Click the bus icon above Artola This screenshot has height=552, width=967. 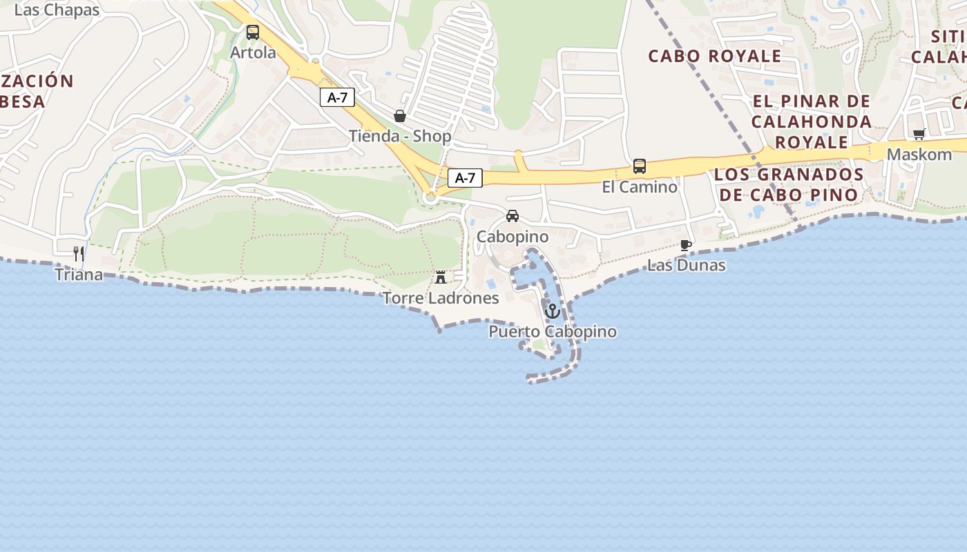click(253, 32)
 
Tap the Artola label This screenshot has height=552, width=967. click(253, 52)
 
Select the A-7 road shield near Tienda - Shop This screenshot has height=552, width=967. click(337, 98)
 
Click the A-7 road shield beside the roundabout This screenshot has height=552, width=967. click(465, 178)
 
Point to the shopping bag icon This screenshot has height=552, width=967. click(399, 115)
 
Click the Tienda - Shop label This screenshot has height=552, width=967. click(400, 136)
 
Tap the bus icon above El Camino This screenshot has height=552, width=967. click(640, 166)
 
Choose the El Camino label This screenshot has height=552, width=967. click(640, 187)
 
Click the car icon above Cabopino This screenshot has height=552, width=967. click(513, 216)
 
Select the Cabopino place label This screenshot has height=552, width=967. click(513, 237)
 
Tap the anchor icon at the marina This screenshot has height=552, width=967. click(552, 311)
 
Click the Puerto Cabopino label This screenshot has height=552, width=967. click(553, 332)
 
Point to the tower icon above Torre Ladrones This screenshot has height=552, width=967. click(441, 277)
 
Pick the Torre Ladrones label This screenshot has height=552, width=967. click(441, 298)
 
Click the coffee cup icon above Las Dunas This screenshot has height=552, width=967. click(686, 245)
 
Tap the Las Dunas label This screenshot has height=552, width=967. click(686, 265)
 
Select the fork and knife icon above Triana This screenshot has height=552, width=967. click(79, 254)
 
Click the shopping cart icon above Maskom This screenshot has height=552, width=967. click(919, 134)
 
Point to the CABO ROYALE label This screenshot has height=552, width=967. click(715, 56)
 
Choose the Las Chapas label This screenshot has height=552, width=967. click(57, 10)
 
